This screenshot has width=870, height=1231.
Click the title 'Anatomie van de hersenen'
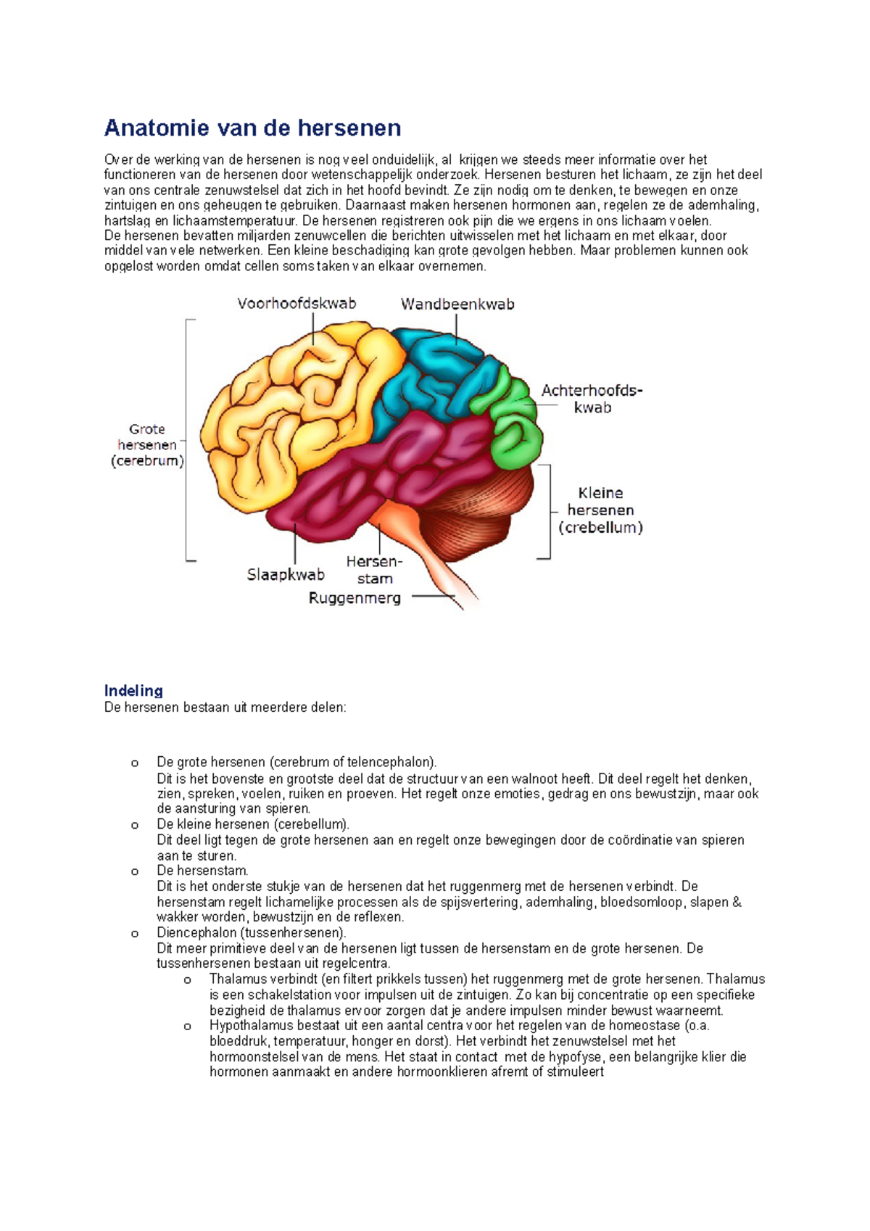[252, 128]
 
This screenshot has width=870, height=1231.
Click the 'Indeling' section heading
[133, 690]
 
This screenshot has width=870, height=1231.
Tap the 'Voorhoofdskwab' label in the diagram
[297, 304]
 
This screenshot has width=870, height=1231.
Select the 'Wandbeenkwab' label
[457, 304]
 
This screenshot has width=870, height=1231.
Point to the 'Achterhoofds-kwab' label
[592, 399]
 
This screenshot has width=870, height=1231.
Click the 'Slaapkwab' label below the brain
[286, 575]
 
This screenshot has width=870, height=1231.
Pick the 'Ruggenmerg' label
[355, 598]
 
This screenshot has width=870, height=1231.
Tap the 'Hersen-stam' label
[374, 570]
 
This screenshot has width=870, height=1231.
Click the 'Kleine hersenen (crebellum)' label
[600, 510]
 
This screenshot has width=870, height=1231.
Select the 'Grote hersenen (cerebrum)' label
[147, 445]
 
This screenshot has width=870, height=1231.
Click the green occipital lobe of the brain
[516, 424]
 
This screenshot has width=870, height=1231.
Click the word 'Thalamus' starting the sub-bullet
[233, 979]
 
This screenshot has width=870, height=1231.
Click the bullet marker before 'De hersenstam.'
[135, 871]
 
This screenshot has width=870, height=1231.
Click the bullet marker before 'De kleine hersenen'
[135, 825]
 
